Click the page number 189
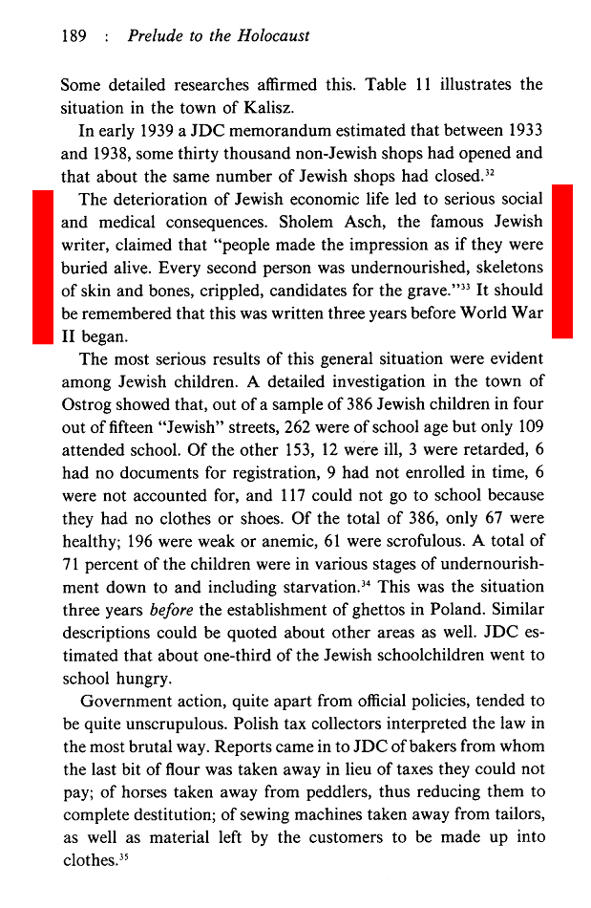(x=74, y=37)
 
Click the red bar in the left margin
(x=42, y=266)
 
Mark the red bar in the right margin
(x=561, y=260)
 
